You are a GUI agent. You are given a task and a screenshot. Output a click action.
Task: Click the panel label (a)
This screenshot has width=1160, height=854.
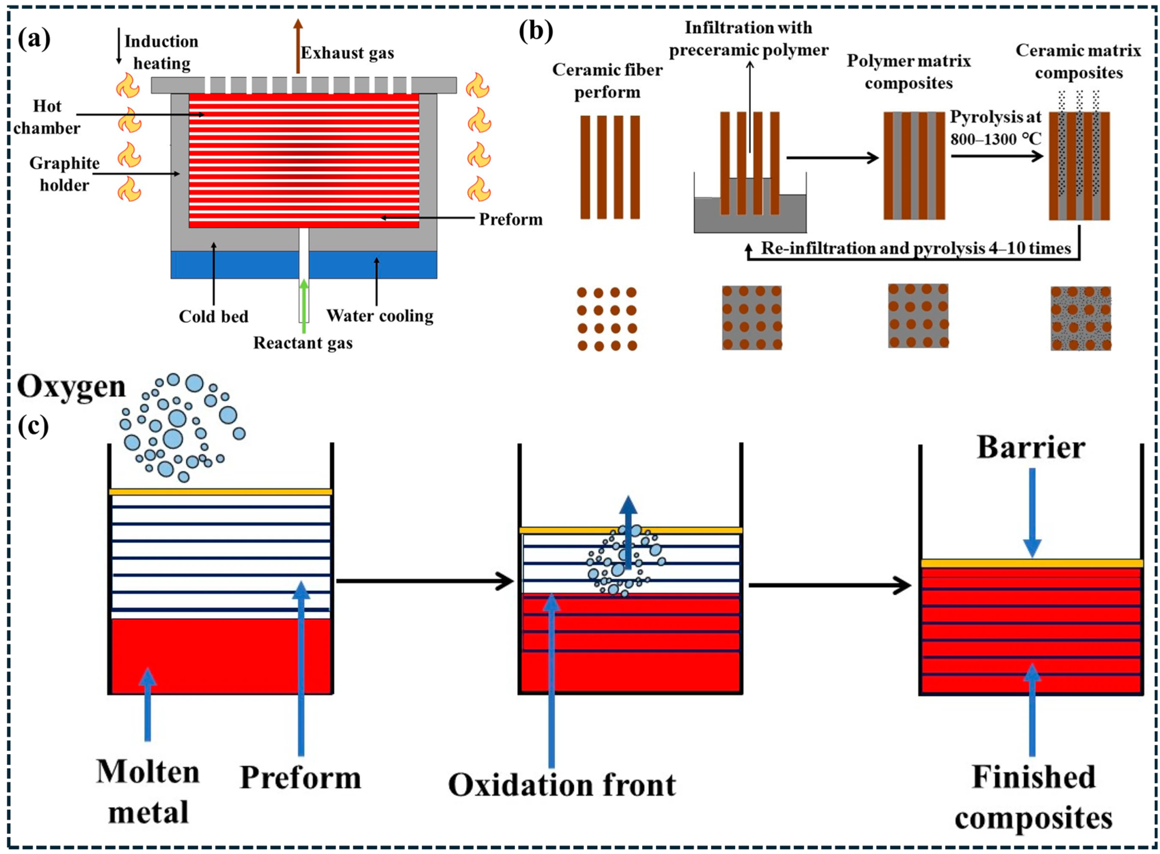click(x=34, y=39)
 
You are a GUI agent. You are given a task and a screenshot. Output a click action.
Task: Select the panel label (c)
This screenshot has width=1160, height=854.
click(x=33, y=427)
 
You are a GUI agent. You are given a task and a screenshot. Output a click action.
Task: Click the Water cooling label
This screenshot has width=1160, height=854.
click(x=380, y=315)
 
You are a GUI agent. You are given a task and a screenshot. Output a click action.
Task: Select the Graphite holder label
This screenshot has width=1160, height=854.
click(x=65, y=174)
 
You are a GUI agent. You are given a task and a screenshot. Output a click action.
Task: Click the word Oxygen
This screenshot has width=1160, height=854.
click(x=72, y=387)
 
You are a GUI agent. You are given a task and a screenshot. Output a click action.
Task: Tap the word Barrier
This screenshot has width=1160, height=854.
click(x=1031, y=447)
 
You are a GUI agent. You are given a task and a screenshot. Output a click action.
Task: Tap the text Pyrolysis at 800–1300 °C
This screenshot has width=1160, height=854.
click(x=996, y=128)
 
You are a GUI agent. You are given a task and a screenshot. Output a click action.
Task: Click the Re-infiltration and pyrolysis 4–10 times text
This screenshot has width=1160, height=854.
click(x=916, y=248)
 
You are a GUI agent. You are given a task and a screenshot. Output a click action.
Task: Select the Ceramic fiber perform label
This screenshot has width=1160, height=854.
click(x=607, y=81)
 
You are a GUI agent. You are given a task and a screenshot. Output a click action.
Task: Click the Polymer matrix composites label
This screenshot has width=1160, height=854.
click(x=909, y=72)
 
